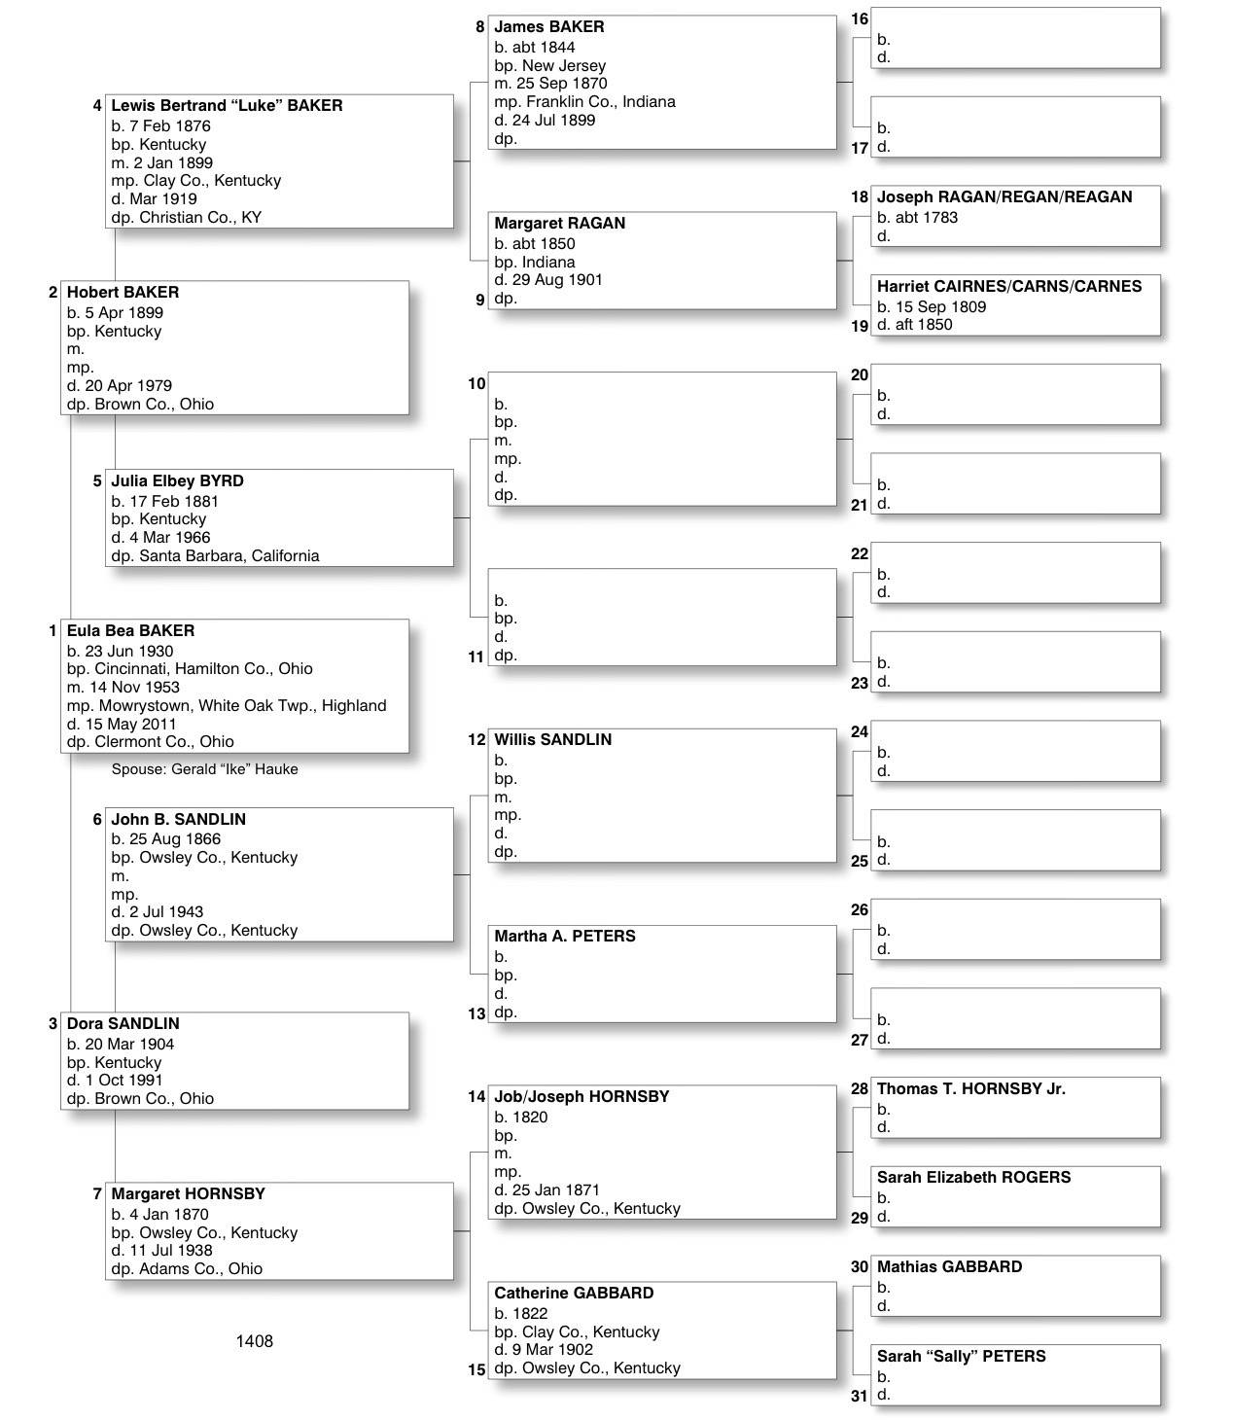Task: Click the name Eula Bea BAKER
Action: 130,631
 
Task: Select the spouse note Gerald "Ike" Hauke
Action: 204,769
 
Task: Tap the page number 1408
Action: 254,1341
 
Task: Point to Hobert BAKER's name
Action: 123,293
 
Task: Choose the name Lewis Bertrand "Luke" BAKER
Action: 227,106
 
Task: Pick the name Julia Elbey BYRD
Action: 177,481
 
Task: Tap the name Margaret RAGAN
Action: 559,224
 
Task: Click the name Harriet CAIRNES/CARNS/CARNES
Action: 1009,287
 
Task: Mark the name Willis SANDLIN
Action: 552,740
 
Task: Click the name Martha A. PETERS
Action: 564,937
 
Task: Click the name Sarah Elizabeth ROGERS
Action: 973,1178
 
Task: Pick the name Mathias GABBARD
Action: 949,1267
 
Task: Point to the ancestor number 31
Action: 859,1397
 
